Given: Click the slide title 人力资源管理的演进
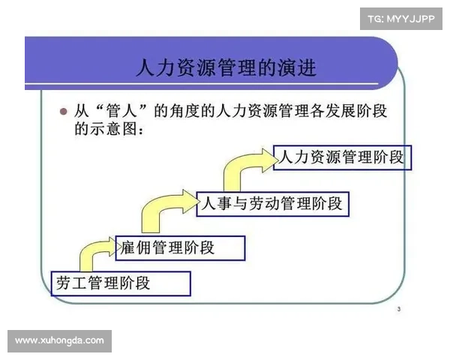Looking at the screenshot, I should click(226, 69).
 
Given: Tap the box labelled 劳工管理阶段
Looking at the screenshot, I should click(121, 283).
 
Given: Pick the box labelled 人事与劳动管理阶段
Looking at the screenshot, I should click(272, 203).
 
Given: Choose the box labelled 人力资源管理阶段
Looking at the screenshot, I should click(342, 157).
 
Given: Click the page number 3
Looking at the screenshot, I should click(398, 309).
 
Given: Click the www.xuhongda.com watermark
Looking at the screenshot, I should click(60, 341).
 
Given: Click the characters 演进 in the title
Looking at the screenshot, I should click(298, 69).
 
